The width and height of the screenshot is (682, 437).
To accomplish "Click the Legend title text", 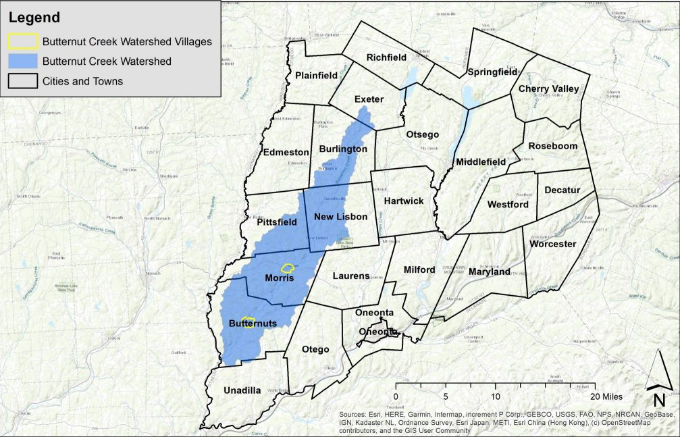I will point(34,18).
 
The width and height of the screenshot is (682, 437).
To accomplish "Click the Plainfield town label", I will point(316,75).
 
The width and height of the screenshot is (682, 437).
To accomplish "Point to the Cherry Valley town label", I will point(548,89).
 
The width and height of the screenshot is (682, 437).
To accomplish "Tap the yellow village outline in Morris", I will point(288,268).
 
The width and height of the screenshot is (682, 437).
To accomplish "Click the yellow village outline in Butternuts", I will point(248,323).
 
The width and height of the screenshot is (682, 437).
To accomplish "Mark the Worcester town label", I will point(552,244).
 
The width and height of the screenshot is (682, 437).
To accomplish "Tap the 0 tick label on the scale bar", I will point(396,396).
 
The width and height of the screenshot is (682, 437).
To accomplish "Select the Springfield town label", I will point(492,72).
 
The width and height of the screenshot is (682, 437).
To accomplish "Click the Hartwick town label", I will point(404,201).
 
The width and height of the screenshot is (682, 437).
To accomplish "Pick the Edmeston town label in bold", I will point(286,153).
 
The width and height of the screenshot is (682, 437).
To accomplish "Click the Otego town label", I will point(315,349).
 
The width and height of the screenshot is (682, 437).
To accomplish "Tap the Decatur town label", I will point(562,190).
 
